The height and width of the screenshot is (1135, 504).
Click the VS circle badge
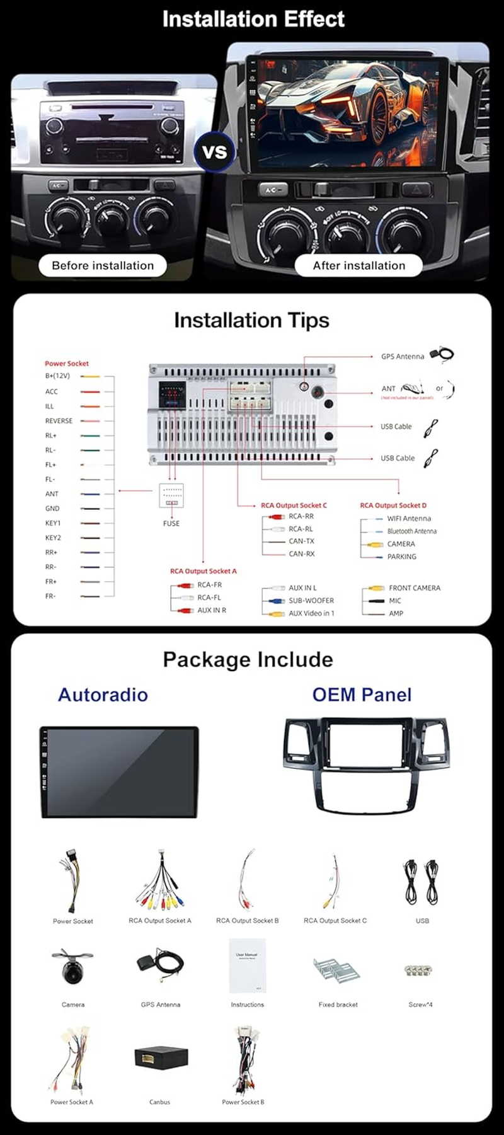[215, 152]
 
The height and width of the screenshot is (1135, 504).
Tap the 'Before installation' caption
[103, 265]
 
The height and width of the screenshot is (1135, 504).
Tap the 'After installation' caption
[359, 265]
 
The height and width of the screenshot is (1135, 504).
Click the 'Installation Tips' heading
[251, 320]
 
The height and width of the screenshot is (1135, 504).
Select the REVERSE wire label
[59, 421]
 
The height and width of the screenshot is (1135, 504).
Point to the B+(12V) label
[57, 376]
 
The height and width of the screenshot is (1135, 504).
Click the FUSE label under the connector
[171, 523]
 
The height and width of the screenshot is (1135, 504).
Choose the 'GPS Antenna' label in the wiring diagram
[403, 357]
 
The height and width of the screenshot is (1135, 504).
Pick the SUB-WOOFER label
[311, 601]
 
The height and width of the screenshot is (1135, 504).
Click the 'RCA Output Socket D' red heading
[393, 505]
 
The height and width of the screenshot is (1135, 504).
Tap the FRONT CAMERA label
[415, 588]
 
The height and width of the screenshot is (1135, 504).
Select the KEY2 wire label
[53, 538]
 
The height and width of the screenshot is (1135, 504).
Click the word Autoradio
[103, 694]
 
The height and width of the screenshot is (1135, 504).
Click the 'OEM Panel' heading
[362, 694]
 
